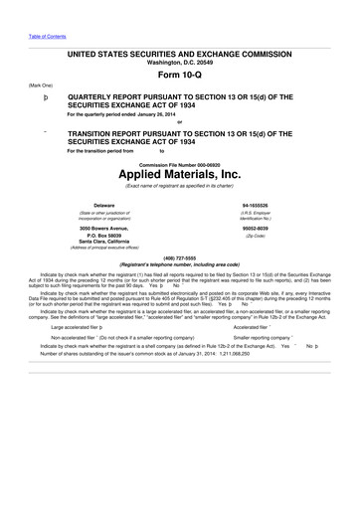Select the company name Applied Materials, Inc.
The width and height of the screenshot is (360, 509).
click(180, 173)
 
